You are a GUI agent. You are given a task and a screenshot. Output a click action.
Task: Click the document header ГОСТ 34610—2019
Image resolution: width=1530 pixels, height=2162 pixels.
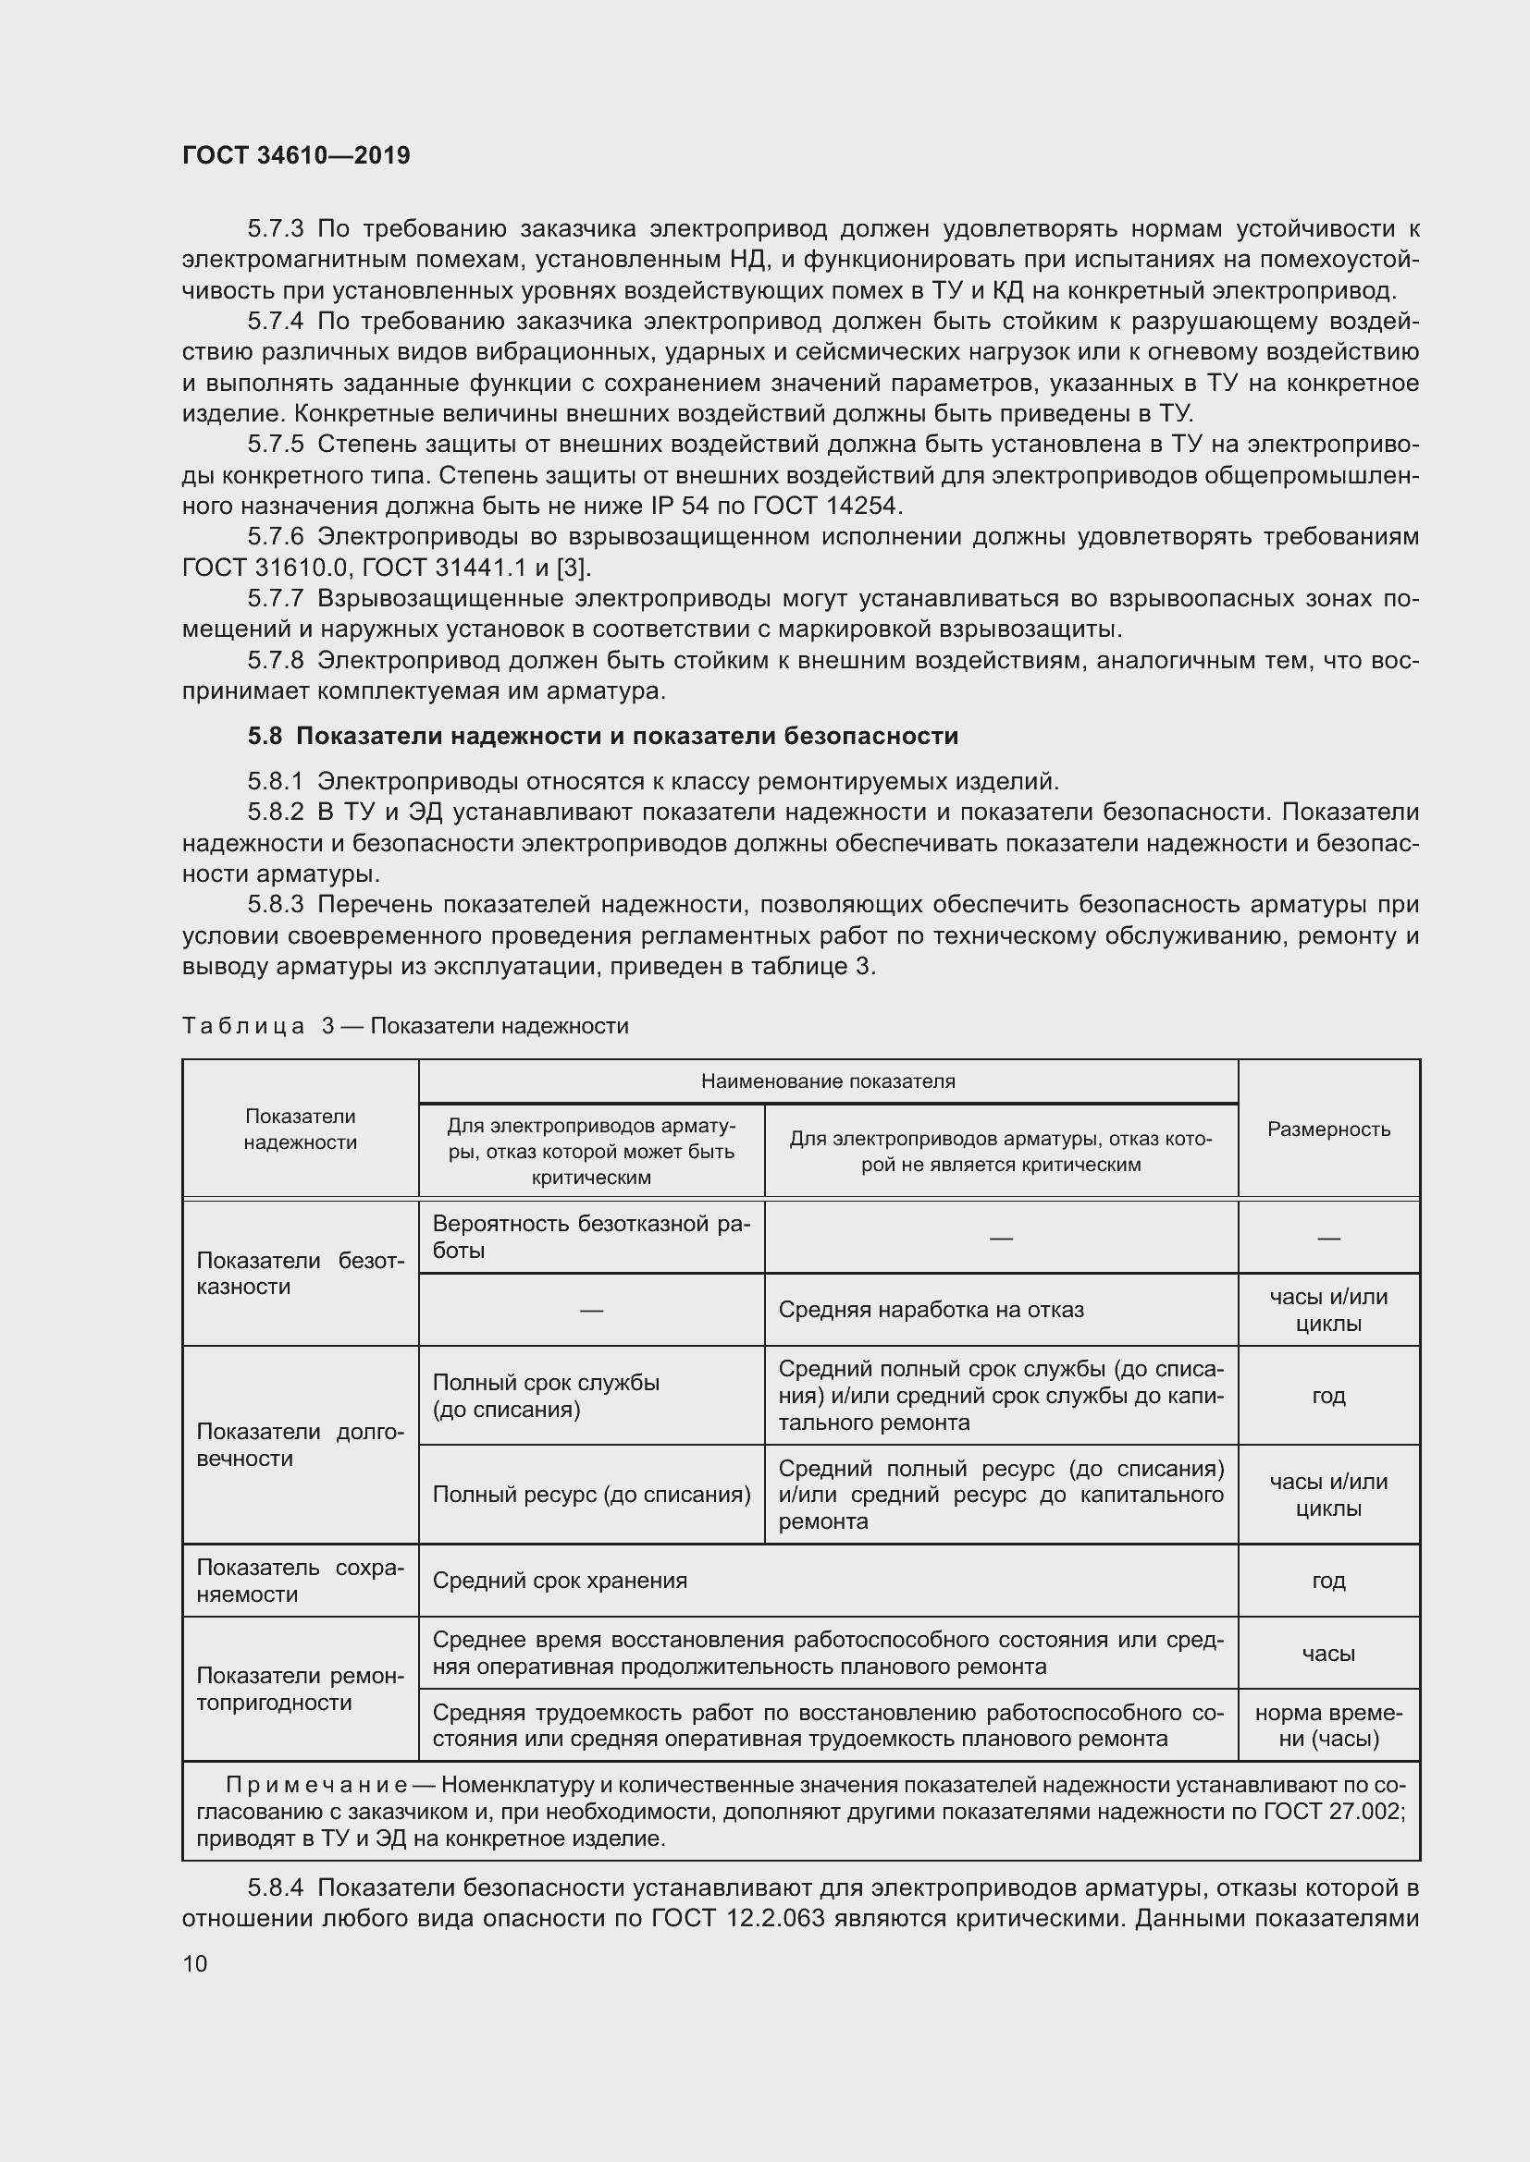tap(296, 155)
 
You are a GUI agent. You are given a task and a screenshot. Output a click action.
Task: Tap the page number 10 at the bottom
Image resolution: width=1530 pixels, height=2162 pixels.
tap(195, 1963)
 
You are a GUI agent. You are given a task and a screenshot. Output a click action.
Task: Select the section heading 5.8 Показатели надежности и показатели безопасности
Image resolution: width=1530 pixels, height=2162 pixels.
tap(603, 737)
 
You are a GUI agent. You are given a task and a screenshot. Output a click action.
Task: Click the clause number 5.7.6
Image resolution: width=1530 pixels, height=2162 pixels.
tap(275, 537)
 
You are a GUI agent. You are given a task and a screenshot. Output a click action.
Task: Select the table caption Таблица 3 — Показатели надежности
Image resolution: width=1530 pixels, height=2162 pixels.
tap(405, 1025)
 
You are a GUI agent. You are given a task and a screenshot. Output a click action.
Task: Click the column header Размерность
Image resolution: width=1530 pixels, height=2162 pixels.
tap(1328, 1129)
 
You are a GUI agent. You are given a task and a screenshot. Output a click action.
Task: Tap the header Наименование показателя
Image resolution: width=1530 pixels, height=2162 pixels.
tap(827, 1081)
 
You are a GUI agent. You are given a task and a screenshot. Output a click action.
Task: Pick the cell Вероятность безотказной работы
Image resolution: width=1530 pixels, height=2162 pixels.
tap(591, 1237)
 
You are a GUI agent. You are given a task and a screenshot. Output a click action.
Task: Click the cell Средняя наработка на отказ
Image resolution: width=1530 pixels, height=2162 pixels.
tap(931, 1310)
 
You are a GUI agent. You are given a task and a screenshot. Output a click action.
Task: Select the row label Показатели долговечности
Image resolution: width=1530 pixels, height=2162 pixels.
tap(300, 1445)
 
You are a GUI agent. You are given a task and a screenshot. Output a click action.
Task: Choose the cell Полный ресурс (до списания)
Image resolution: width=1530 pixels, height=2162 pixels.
tap(591, 1495)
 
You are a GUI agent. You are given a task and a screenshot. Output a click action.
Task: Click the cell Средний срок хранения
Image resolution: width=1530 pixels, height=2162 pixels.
tap(560, 1580)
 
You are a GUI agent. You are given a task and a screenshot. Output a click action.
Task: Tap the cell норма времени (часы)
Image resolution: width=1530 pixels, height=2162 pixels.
tap(1328, 1725)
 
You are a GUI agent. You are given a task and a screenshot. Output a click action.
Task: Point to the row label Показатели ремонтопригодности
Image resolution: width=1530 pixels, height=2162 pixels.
tap(300, 1689)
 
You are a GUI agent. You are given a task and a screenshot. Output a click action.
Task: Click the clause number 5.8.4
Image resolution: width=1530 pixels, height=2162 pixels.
tap(275, 1888)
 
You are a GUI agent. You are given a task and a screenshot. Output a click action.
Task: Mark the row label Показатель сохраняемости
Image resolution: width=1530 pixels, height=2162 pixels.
tap(300, 1580)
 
